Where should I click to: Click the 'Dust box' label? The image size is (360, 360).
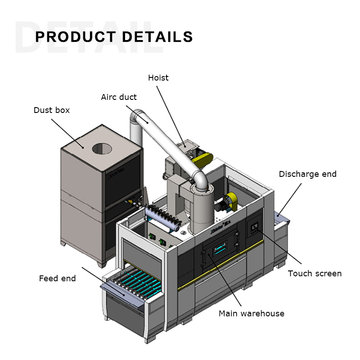[x=52, y=110]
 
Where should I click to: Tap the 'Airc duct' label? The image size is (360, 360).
[x=119, y=97]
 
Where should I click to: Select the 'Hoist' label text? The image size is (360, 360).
[x=158, y=78]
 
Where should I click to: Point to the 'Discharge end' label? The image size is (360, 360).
[x=308, y=174]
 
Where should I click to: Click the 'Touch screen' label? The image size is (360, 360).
[x=315, y=274]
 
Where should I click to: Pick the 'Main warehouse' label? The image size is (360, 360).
[x=252, y=314]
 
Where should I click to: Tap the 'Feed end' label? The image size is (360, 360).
[x=57, y=279]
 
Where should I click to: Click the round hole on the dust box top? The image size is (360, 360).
[x=103, y=148]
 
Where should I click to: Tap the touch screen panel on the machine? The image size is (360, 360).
[x=254, y=226]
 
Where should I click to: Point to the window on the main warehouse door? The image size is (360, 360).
[x=220, y=248]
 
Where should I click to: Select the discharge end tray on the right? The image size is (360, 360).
[x=282, y=218]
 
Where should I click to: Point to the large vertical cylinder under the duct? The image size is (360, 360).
[x=200, y=207]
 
